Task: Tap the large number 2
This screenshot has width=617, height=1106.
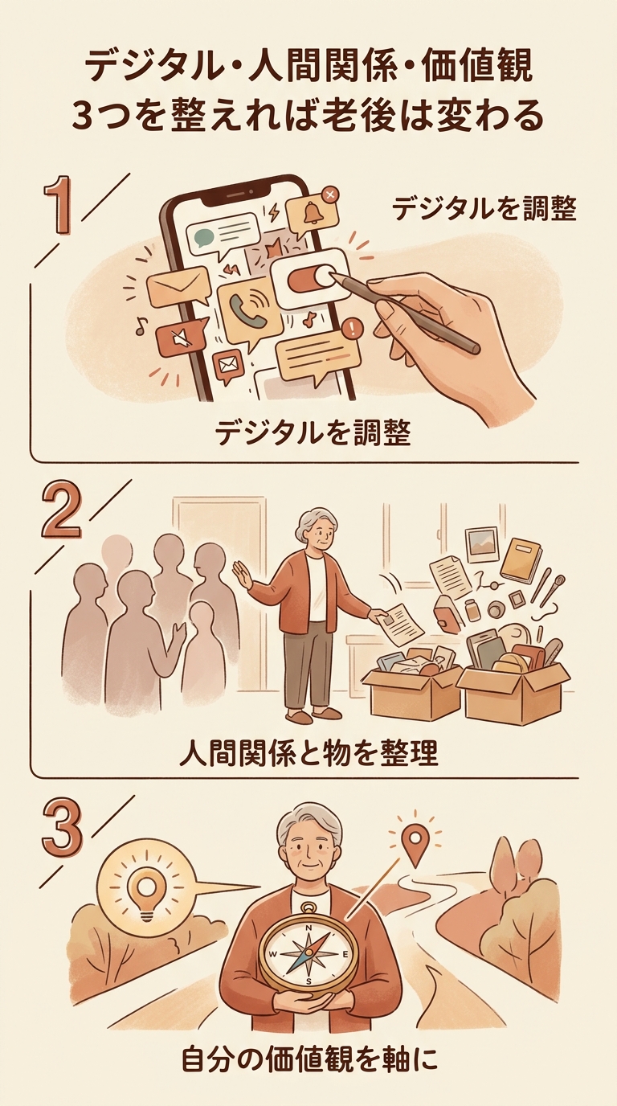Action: click(x=61, y=510)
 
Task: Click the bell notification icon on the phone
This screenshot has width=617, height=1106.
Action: click(x=312, y=213)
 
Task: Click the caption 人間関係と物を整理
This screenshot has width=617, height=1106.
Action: click(x=309, y=753)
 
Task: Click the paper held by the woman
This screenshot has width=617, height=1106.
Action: click(x=402, y=624)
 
